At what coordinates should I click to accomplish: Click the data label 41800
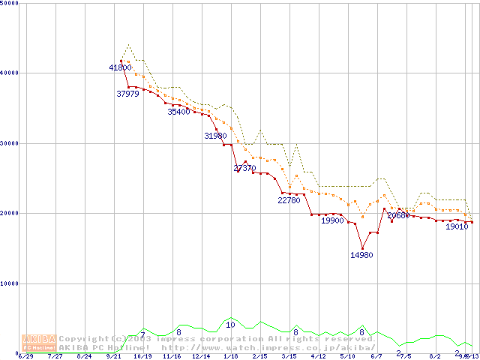click(x=120, y=67)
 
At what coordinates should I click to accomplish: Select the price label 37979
click(x=128, y=94)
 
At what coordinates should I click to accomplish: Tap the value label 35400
click(x=178, y=112)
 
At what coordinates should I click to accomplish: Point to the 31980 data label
click(x=215, y=136)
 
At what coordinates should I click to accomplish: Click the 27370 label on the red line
click(x=245, y=168)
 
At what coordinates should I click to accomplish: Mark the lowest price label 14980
click(x=361, y=255)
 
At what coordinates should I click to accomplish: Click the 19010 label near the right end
click(x=457, y=226)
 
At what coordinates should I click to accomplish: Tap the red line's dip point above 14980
click(x=362, y=248)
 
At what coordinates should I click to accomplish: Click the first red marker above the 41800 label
click(x=121, y=61)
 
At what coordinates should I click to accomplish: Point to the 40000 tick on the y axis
click(x=10, y=73)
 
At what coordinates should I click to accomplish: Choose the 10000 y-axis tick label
click(x=10, y=283)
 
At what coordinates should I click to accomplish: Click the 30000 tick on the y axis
click(x=10, y=143)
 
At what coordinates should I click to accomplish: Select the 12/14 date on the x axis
click(x=201, y=356)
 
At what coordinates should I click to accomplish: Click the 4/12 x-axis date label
click(x=318, y=356)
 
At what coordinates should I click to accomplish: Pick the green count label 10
click(x=230, y=325)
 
